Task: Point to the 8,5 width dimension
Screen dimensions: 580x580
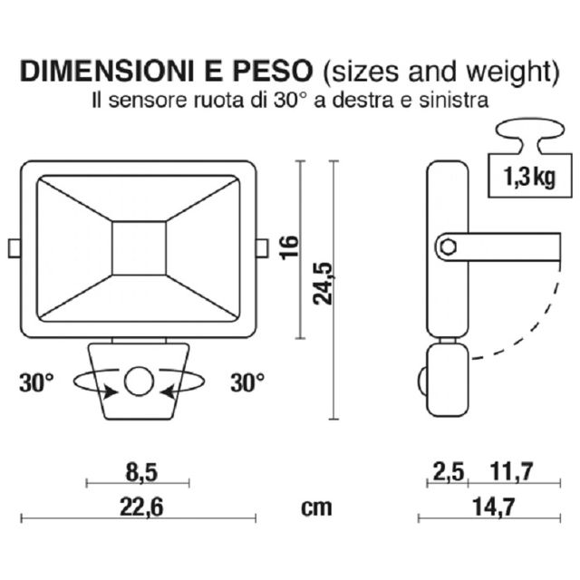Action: coord(138,470)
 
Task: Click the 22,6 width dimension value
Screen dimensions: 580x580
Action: coord(140,507)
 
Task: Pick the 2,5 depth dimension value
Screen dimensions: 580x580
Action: coord(449,470)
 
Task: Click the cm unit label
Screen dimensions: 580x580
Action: coord(316,507)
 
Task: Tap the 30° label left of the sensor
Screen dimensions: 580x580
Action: coord(37,382)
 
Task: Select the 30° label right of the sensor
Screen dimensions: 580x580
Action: coord(247,382)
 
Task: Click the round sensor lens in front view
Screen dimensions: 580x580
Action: coord(139,382)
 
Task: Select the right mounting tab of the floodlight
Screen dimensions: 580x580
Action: coord(262,247)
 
